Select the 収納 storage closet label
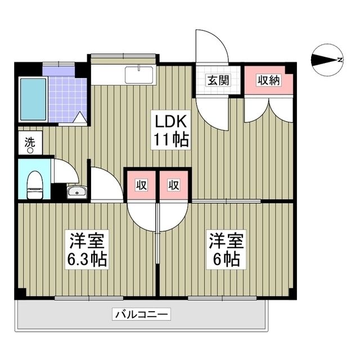click(268, 80)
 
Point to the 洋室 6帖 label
click(227, 250)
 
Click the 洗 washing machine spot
click(29, 143)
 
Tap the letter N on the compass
click(340, 60)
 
